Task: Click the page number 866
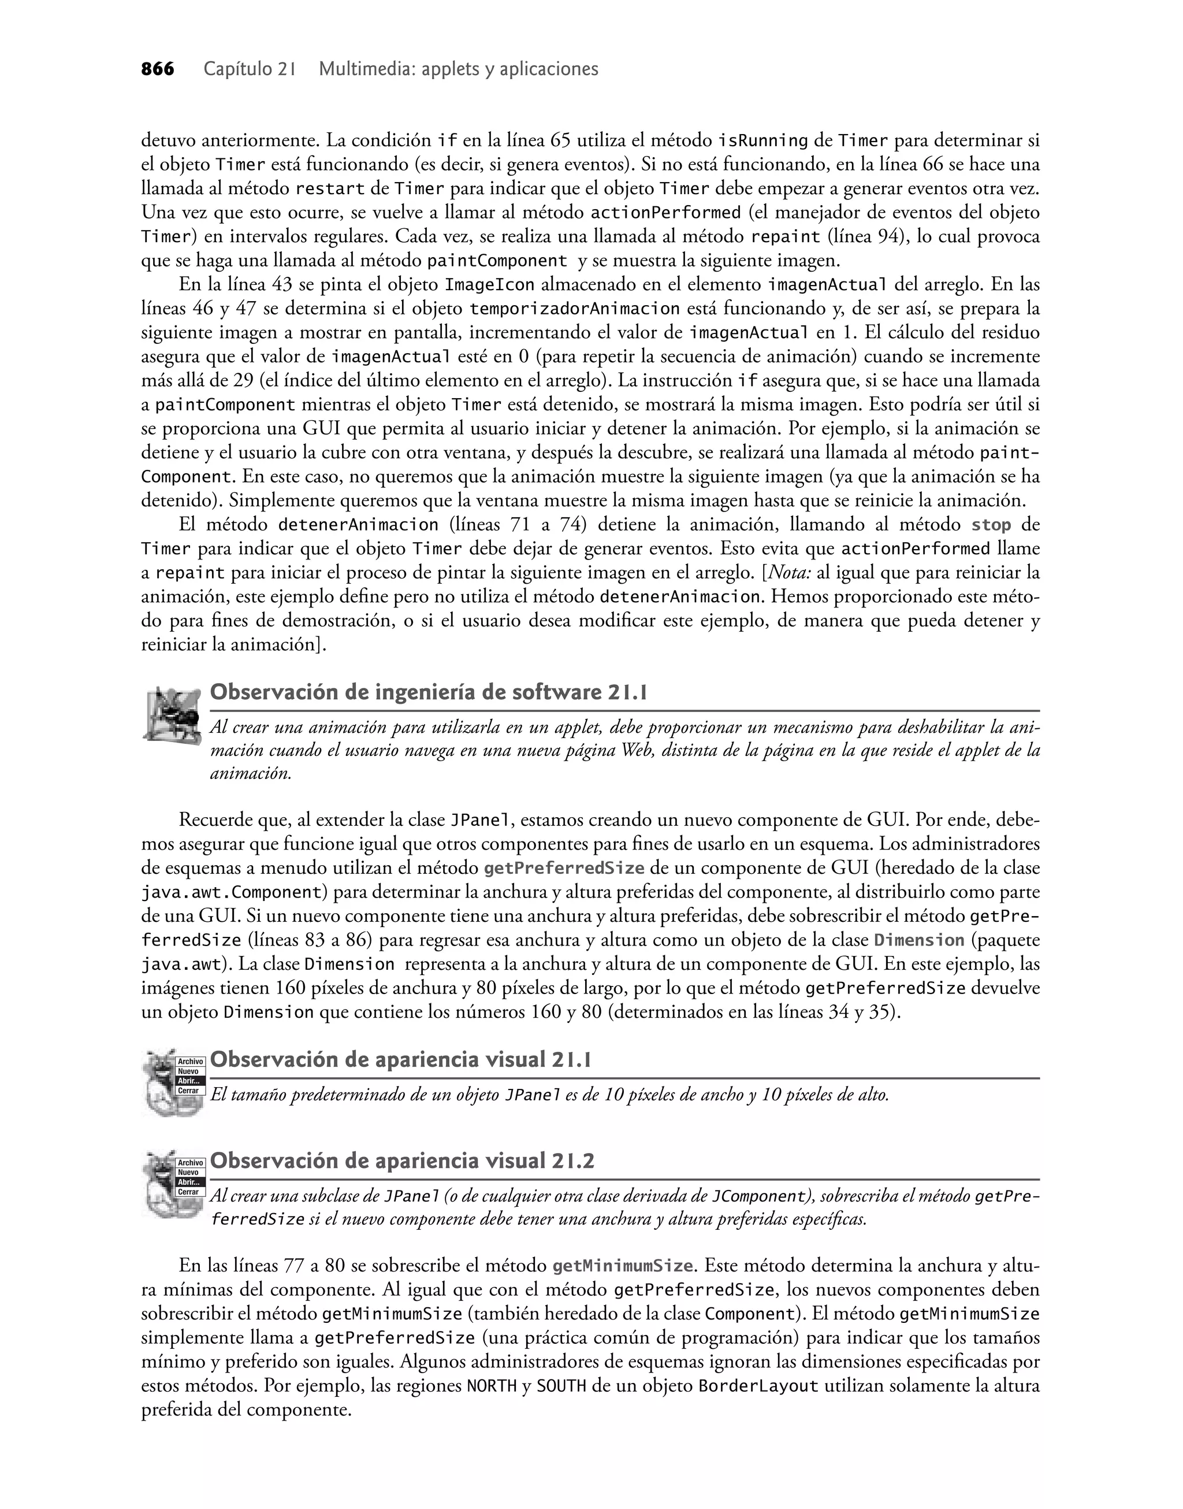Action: (x=158, y=69)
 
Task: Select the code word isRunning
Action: (x=762, y=142)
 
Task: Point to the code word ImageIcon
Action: (x=489, y=285)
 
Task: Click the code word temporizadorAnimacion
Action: (x=575, y=308)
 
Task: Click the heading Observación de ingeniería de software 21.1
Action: (x=428, y=692)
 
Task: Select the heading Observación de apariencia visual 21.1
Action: (x=400, y=1059)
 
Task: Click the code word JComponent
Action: (x=759, y=1196)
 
